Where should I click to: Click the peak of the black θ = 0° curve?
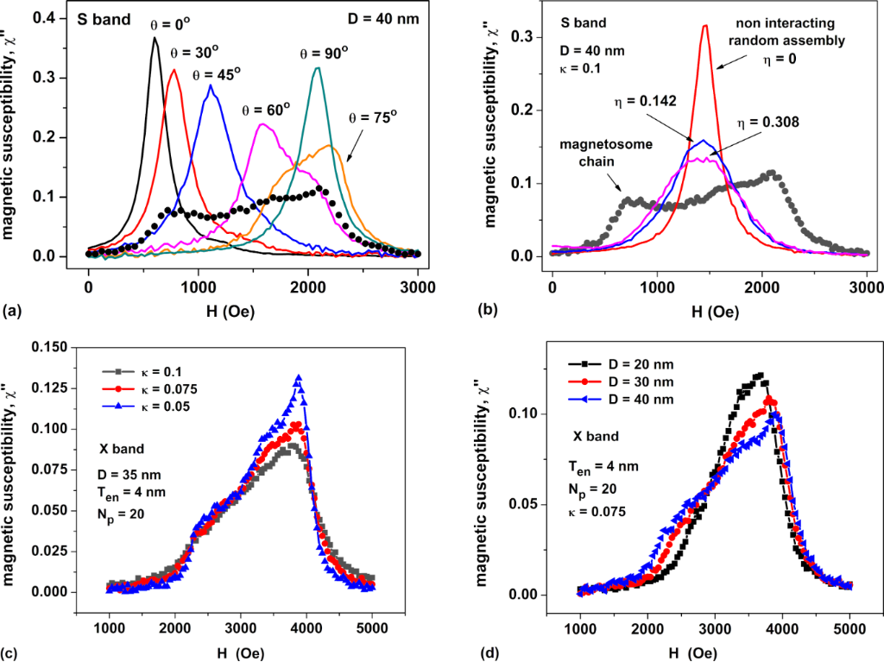click(x=155, y=38)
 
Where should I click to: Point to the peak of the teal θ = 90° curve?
click(x=319, y=67)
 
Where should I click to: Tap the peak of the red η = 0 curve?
click(x=705, y=26)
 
